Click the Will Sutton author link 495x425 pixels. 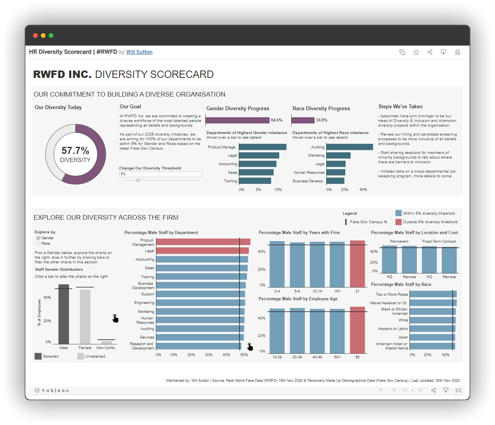(x=139, y=52)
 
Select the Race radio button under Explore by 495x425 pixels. (x=38, y=243)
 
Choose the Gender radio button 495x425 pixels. (x=38, y=238)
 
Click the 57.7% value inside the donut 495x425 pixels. (x=75, y=151)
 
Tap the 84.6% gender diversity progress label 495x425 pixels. (x=276, y=120)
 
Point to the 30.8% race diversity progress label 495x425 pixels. (x=322, y=120)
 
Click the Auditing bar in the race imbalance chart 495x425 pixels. (x=349, y=147)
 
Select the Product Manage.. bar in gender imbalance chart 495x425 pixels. (x=262, y=147)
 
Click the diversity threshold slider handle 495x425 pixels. (x=138, y=180)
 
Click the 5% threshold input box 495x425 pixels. (x=161, y=174)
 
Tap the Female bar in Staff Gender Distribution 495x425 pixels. (x=85, y=316)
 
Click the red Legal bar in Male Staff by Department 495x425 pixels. (x=202, y=251)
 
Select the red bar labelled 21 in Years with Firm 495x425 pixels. (x=357, y=264)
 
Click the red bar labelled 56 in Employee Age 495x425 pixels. (x=357, y=330)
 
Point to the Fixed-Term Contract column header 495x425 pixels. (x=439, y=242)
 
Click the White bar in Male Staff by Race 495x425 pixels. (x=432, y=320)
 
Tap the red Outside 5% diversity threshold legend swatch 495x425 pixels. (x=399, y=222)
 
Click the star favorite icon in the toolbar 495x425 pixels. (x=416, y=52)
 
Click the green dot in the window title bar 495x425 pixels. (x=51, y=35)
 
